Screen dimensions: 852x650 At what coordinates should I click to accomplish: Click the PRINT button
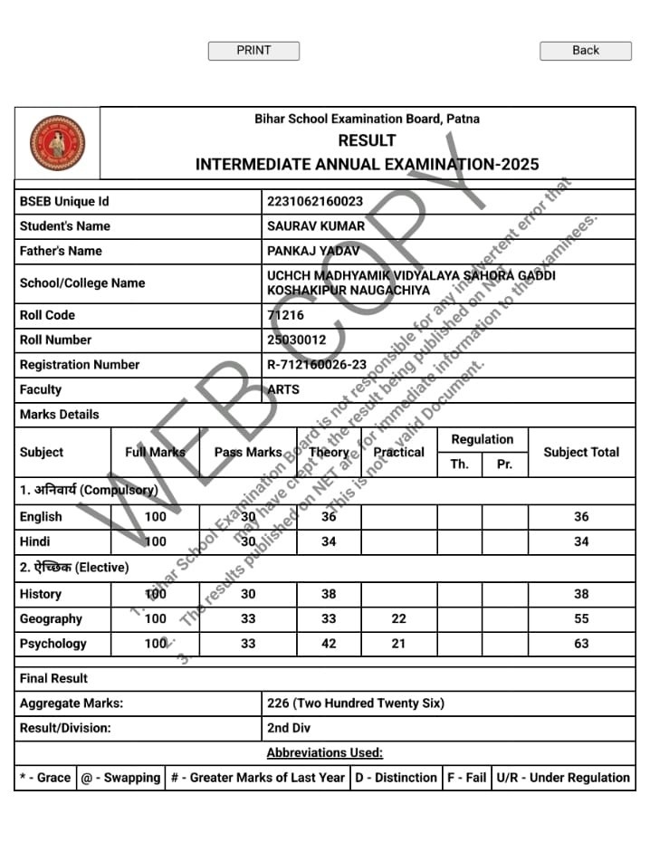pyautogui.click(x=253, y=51)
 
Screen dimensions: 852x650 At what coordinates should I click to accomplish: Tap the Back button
pyautogui.click(x=585, y=51)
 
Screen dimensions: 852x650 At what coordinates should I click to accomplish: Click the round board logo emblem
pyautogui.click(x=57, y=143)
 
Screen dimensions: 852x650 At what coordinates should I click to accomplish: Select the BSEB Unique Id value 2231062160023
pyautogui.click(x=315, y=201)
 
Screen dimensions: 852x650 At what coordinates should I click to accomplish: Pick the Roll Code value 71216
pyautogui.click(x=286, y=315)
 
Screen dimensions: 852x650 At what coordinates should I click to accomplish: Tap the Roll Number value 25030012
pyautogui.click(x=296, y=340)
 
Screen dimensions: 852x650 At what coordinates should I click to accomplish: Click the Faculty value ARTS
pyautogui.click(x=284, y=389)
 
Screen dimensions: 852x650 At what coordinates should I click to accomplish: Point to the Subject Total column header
pyautogui.click(x=581, y=452)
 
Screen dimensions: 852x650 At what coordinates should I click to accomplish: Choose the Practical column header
pyautogui.click(x=398, y=452)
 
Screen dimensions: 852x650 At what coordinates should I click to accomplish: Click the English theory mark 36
pyautogui.click(x=329, y=517)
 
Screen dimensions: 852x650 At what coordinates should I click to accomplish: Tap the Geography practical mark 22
pyautogui.click(x=398, y=619)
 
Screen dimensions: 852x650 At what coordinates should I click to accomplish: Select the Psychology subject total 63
pyautogui.click(x=581, y=644)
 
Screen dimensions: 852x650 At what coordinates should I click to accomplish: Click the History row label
pyautogui.click(x=41, y=594)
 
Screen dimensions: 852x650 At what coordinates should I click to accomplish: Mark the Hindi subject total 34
pyautogui.click(x=581, y=541)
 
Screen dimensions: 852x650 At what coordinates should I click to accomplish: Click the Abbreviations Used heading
pyautogui.click(x=324, y=752)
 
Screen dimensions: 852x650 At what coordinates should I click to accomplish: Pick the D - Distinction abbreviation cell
pyautogui.click(x=396, y=777)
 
